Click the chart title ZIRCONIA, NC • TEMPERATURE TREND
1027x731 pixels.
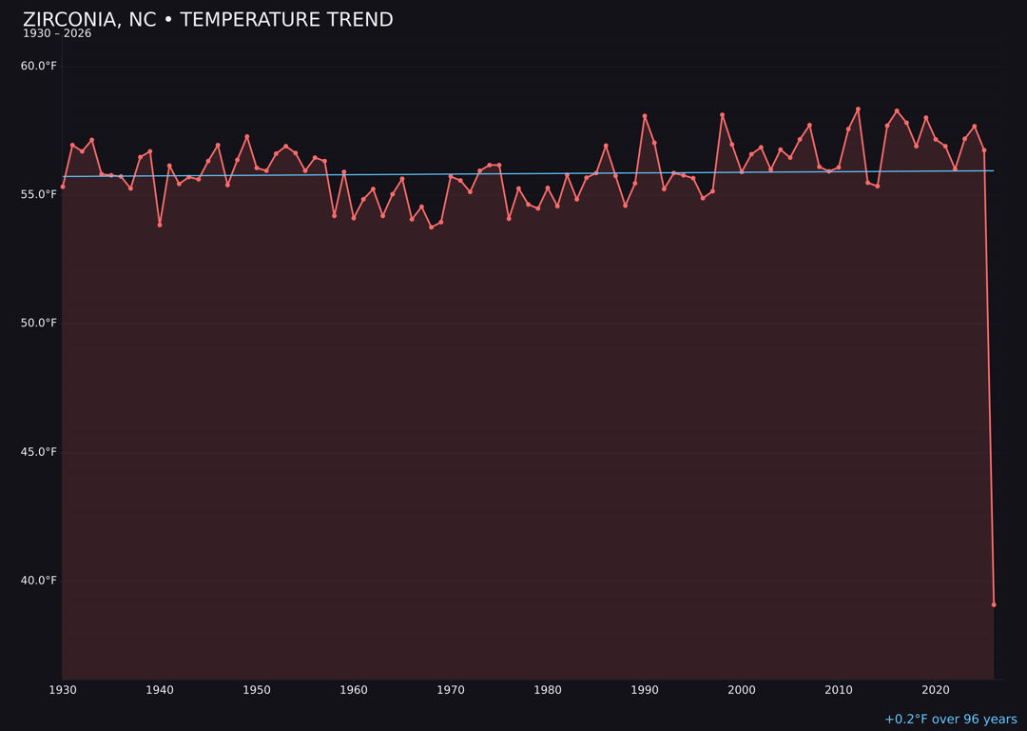click(x=207, y=20)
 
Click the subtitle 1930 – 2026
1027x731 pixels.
click(x=57, y=34)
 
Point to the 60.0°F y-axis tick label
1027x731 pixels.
click(x=39, y=66)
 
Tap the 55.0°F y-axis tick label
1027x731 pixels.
click(x=39, y=194)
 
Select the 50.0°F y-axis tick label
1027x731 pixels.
click(x=39, y=323)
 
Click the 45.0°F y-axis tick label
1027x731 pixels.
click(x=39, y=452)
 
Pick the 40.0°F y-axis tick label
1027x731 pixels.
click(x=39, y=581)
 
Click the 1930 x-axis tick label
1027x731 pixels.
click(x=63, y=690)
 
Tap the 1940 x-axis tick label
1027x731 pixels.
click(x=160, y=690)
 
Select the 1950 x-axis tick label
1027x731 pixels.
click(x=257, y=690)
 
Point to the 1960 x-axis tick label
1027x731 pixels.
click(x=354, y=690)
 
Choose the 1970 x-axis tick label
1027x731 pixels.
click(x=451, y=690)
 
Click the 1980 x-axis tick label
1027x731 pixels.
click(x=548, y=690)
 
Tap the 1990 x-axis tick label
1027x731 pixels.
click(x=645, y=690)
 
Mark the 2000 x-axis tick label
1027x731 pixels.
click(x=742, y=690)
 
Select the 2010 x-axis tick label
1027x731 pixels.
click(x=839, y=690)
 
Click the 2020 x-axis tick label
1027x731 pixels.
click(x=936, y=690)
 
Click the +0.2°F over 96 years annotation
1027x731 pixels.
click(x=950, y=720)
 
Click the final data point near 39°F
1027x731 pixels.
click(x=994, y=604)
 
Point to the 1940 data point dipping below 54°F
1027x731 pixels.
click(x=160, y=225)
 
